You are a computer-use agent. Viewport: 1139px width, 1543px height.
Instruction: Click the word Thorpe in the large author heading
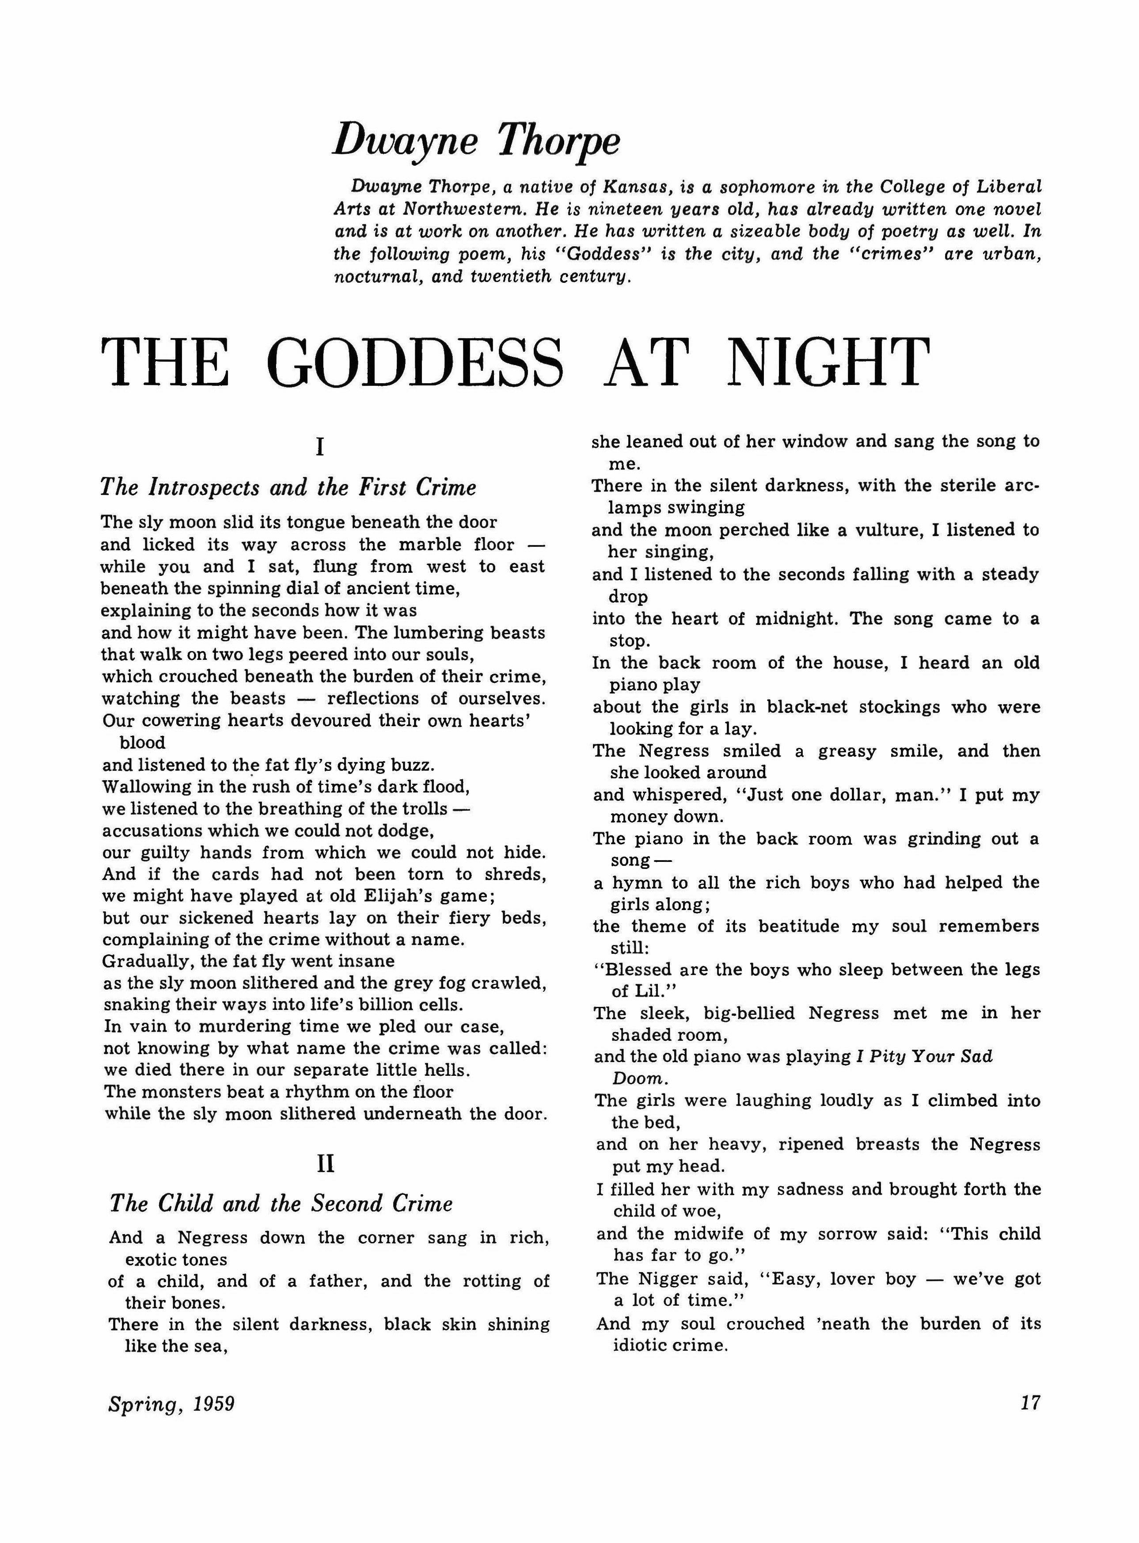pos(559,141)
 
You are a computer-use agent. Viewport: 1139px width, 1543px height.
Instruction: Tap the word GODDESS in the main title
pos(416,363)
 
